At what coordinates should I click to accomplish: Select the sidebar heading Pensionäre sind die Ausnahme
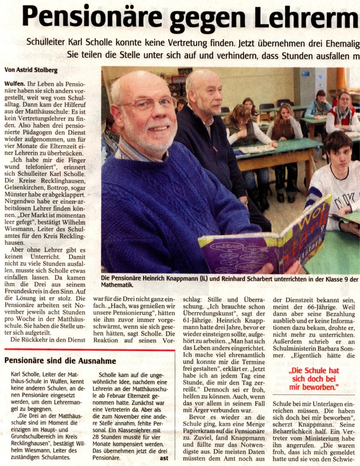point(60,361)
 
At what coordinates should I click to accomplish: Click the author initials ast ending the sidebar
point(164,458)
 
